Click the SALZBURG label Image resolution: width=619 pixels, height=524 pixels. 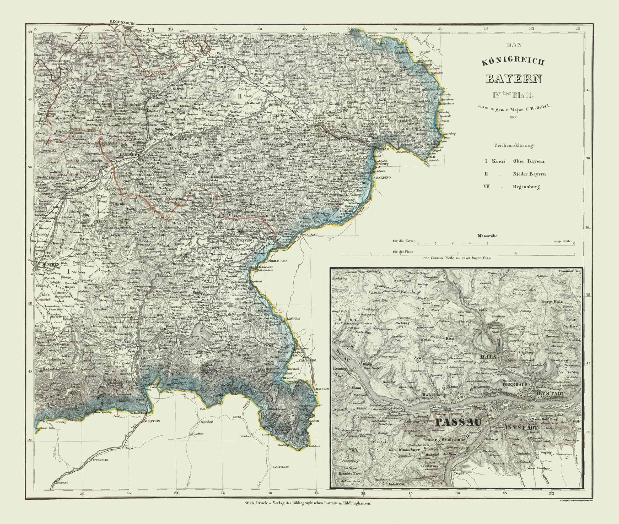pos(302,360)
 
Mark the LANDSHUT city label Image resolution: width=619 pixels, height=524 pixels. pos(129,155)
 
